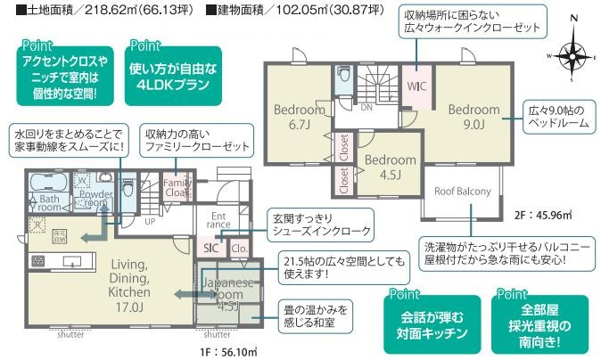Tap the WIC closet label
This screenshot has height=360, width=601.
click(x=416, y=87)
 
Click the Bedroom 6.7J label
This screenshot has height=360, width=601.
click(x=300, y=118)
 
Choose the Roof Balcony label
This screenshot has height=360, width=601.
click(x=463, y=191)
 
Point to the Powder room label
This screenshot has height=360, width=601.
click(x=95, y=199)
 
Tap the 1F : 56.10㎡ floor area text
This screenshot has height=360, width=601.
click(x=220, y=351)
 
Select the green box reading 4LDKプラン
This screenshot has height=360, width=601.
click(x=169, y=78)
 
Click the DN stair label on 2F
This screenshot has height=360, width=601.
click(x=366, y=106)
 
